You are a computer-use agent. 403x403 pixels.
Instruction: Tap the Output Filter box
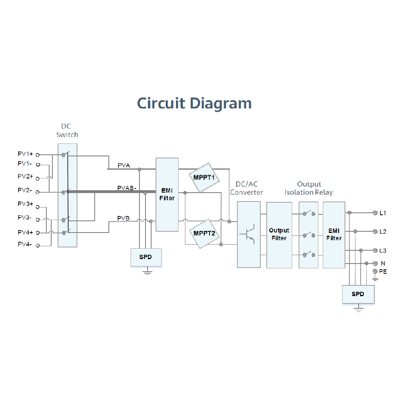coord(279,235)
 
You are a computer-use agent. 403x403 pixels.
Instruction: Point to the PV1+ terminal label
coord(25,154)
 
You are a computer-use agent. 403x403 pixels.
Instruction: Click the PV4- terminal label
coord(25,244)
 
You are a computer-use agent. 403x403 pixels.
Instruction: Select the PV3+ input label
coord(25,204)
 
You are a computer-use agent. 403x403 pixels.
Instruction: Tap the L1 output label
coord(382,212)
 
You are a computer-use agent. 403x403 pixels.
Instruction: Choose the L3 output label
coord(382,251)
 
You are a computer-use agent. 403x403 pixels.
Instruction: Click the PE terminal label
coord(383,272)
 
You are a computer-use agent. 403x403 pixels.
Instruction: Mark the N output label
coord(383,263)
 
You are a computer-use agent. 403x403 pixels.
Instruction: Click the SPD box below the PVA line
coord(145,257)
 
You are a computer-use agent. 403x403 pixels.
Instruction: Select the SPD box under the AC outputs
coord(358,294)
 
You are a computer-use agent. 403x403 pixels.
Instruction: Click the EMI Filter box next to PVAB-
coord(167,194)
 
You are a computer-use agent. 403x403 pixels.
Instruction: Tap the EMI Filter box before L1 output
coord(334,235)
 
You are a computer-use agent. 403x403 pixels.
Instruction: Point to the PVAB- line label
coord(127,188)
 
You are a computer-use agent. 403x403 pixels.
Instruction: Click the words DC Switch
coord(67,131)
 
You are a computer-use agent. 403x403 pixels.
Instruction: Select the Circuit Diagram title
coord(194,103)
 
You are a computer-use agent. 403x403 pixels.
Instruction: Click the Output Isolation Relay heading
coord(309,188)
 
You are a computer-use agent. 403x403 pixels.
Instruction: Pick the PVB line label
coord(123,218)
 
